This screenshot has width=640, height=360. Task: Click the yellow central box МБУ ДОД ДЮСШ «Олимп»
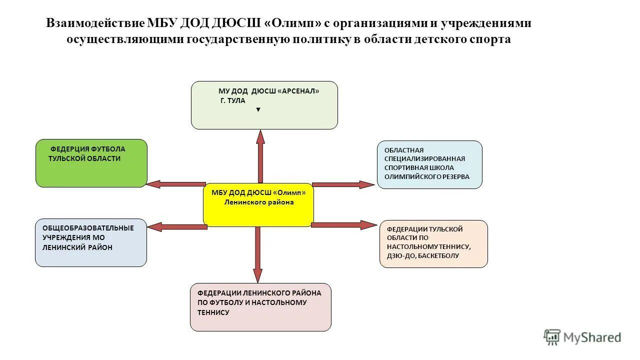click(x=258, y=205)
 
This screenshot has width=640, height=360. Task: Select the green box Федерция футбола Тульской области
click(x=91, y=163)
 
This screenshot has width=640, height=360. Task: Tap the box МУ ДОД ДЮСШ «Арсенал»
click(x=264, y=105)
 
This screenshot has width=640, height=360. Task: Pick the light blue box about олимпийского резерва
click(x=429, y=164)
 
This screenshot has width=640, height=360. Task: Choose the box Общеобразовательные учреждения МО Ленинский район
click(x=90, y=242)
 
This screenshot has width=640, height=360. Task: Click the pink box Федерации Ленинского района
click(x=260, y=307)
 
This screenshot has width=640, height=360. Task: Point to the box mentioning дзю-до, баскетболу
click(x=433, y=244)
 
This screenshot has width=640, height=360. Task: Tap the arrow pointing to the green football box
click(x=176, y=184)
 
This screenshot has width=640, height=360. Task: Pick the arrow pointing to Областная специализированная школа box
click(x=343, y=184)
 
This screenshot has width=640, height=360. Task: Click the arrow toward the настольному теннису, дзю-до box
click(x=343, y=225)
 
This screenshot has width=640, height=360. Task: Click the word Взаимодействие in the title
click(x=95, y=23)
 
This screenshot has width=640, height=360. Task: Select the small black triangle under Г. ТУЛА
click(x=258, y=109)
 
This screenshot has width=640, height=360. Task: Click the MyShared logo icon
click(x=552, y=337)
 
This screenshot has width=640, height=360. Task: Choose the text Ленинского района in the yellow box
click(x=258, y=202)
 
